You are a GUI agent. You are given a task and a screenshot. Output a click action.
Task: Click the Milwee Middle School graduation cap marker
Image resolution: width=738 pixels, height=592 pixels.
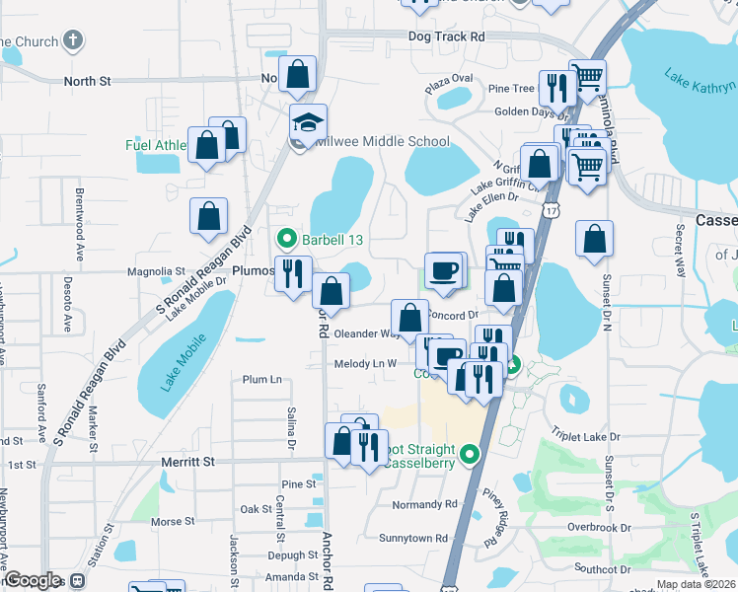[x=308, y=123]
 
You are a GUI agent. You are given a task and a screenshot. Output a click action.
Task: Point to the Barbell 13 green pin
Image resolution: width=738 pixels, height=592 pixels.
[x=286, y=238]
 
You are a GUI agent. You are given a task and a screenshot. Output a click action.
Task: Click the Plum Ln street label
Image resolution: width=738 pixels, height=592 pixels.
[x=261, y=379]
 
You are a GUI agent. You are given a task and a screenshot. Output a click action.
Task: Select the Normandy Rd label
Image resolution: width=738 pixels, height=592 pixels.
[x=424, y=504]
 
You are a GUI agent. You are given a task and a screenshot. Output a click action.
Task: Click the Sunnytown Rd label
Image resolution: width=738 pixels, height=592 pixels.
[x=413, y=539]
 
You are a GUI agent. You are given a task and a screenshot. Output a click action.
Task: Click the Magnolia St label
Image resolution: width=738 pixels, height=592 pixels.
[x=156, y=271]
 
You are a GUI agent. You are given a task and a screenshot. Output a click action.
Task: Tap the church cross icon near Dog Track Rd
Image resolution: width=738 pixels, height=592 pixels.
[x=73, y=40]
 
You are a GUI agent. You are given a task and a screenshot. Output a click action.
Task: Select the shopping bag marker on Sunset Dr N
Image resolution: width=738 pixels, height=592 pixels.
[x=595, y=239]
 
